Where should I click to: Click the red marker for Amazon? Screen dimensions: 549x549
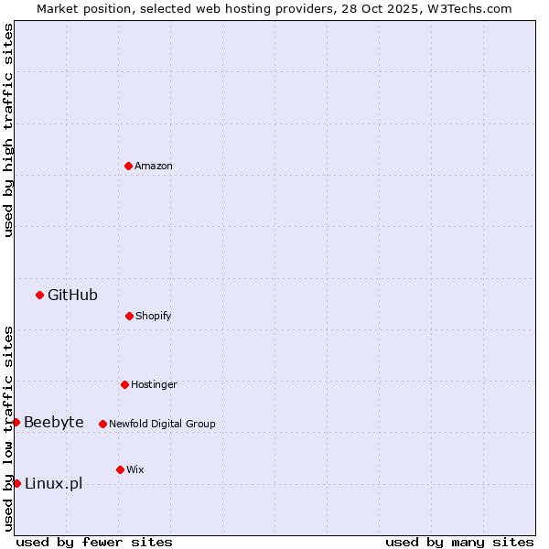coord(128,166)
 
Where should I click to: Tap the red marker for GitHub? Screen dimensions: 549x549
coord(39,295)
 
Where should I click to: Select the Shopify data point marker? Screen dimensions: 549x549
coord(129,316)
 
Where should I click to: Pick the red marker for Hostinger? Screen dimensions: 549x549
coord(124,384)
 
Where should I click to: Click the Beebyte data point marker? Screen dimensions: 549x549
coord(16,422)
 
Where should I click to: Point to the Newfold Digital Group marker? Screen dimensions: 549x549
coord(102,424)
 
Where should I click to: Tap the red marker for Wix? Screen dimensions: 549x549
coord(120,469)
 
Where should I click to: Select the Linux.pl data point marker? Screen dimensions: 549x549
coord(16,483)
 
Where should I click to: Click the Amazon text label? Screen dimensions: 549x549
coord(154,166)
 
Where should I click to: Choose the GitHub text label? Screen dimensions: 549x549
coord(72,295)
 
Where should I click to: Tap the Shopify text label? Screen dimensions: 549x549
coord(154,316)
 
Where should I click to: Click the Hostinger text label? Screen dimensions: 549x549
coord(154,384)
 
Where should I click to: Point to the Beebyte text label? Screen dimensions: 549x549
coord(54,422)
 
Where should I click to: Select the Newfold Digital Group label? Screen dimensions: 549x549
coord(162,424)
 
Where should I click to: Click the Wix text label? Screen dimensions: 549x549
coord(135,469)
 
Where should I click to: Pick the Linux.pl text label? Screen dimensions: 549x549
coord(53,483)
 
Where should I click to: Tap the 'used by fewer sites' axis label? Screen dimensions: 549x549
coord(94,542)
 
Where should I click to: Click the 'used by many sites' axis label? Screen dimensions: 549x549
coord(459,542)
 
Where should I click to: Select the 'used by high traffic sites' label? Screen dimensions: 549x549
coord(8,130)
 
